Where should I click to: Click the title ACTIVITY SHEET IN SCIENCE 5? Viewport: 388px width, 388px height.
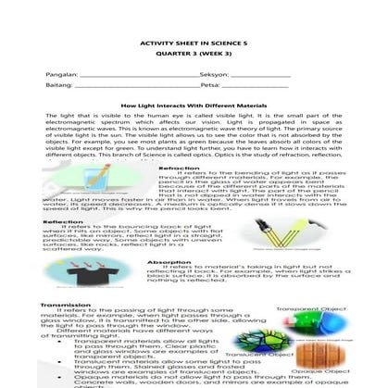194,44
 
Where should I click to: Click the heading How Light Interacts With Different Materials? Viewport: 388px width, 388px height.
194,107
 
